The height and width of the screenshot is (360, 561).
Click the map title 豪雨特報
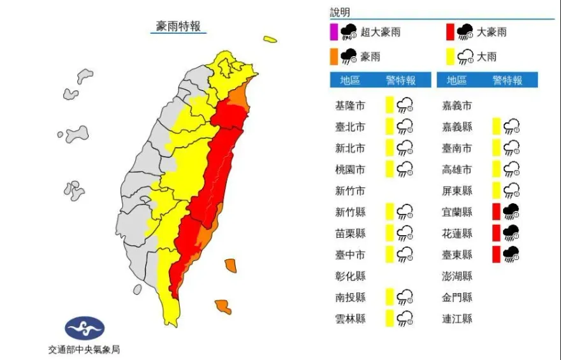tap(178, 26)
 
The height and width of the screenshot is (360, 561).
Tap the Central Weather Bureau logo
tap(85, 328)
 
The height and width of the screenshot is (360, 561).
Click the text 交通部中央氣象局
tap(84, 349)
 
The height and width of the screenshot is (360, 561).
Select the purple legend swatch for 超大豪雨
tap(333, 32)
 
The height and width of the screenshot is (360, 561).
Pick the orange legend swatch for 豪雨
tap(333, 57)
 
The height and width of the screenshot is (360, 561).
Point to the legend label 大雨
tap(486, 57)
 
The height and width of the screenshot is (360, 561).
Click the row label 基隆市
tap(350, 106)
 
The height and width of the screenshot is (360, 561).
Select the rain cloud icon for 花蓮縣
tap(511, 233)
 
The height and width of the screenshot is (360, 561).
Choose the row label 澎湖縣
tap(457, 276)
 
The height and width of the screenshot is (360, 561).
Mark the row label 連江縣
tap(457, 319)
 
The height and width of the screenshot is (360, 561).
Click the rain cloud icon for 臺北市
tap(405, 127)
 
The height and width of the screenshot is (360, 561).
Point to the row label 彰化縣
tap(350, 276)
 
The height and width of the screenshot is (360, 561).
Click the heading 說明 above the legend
tap(340, 13)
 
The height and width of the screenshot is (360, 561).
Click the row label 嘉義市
tap(457, 106)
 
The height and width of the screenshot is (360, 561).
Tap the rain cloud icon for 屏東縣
tap(511, 191)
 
